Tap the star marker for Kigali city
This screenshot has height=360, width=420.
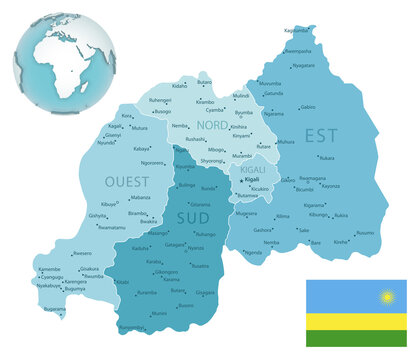point(243,180)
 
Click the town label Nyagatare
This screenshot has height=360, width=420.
point(303,65)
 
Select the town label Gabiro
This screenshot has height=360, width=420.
point(308,107)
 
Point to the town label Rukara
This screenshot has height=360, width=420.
point(327,157)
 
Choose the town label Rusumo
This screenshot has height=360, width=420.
point(365,233)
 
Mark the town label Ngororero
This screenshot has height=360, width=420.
point(152,163)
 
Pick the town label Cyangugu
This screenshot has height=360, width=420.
point(50,277)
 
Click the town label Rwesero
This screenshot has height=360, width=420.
point(83,254)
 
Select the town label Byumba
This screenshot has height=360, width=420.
point(243,112)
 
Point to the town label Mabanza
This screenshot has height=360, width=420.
point(140,198)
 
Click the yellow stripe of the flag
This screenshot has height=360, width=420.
point(356,321)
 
